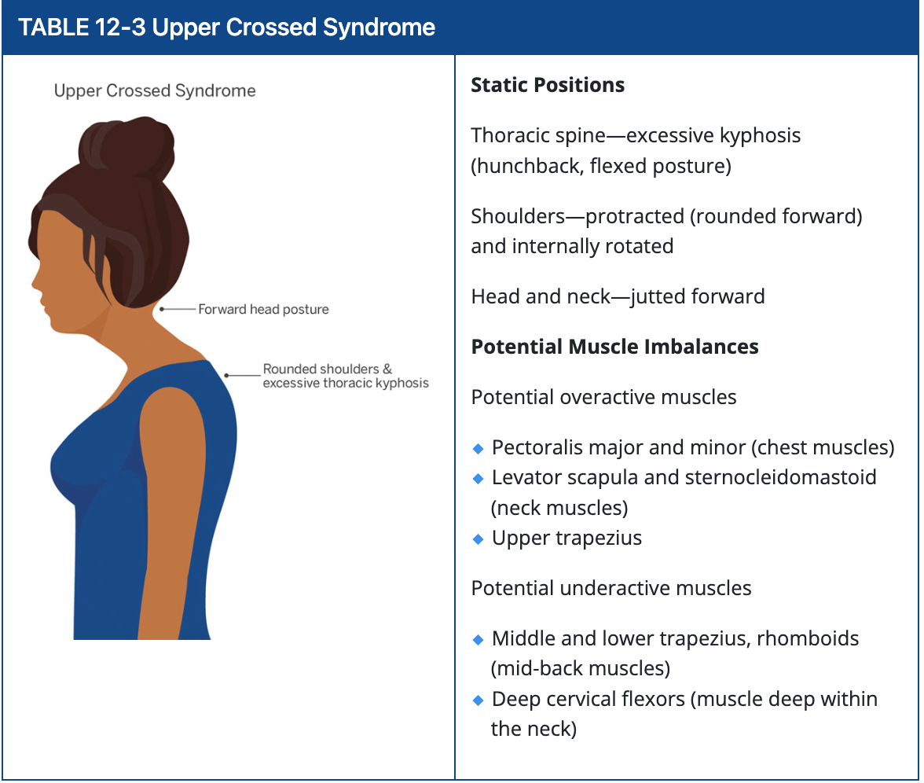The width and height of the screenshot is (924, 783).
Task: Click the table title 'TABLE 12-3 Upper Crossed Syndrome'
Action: click(x=226, y=28)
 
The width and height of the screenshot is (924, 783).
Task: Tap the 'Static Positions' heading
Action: click(x=548, y=85)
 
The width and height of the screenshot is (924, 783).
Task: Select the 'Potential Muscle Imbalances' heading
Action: click(x=614, y=347)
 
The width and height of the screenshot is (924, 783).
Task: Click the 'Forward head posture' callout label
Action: click(x=263, y=310)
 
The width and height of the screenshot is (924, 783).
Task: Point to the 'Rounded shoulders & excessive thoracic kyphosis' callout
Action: click(x=346, y=376)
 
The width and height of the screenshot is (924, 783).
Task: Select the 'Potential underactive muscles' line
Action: click(x=610, y=588)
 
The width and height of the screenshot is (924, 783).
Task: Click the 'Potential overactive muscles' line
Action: click(x=603, y=397)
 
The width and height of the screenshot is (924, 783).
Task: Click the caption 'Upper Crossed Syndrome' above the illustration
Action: click(x=155, y=91)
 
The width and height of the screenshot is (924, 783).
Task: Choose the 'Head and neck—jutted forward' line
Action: click(x=618, y=296)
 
